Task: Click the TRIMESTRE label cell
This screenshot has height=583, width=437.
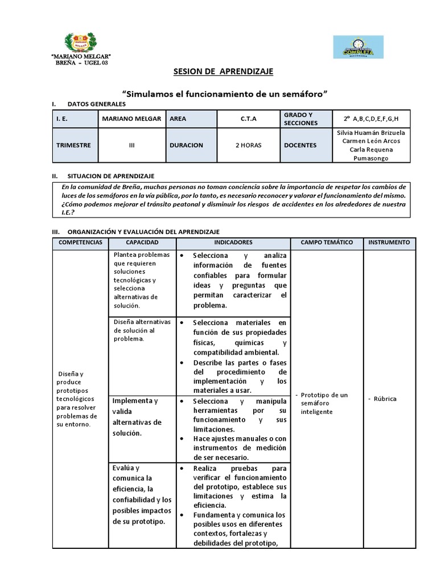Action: (x=73, y=145)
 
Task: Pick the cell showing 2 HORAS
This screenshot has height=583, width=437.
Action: (x=248, y=145)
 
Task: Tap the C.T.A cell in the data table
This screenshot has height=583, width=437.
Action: (x=248, y=119)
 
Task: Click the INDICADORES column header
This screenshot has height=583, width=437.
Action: (x=233, y=243)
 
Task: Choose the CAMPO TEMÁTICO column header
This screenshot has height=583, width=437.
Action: (x=327, y=243)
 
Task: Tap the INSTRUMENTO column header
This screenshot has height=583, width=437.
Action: (x=389, y=243)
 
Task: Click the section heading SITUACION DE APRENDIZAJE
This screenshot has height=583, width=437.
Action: (x=110, y=176)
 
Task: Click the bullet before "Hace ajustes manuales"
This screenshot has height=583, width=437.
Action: (x=181, y=439)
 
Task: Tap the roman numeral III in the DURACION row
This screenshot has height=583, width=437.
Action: (x=132, y=145)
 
